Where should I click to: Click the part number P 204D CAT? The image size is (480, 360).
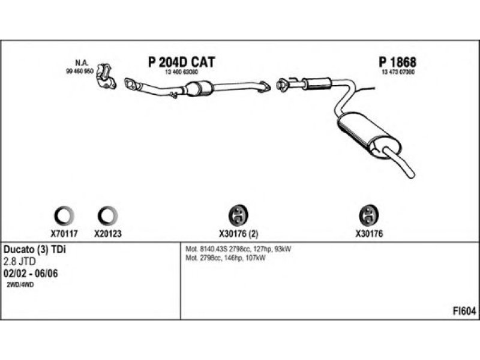(181, 62)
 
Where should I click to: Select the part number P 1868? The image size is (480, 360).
(397, 62)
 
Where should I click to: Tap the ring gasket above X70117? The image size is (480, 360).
(65, 215)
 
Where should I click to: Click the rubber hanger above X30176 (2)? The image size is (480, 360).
(239, 215)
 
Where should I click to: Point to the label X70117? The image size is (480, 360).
(65, 235)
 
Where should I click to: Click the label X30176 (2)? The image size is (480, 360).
(239, 235)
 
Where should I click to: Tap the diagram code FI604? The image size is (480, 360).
(464, 311)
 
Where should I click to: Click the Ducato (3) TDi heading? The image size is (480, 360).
(34, 250)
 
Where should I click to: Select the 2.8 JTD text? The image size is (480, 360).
(20, 262)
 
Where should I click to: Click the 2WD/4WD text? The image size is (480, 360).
(20, 286)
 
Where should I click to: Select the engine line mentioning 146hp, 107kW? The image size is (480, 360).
(226, 257)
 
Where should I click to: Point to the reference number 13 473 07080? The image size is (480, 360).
(398, 72)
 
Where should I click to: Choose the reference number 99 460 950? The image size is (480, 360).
(79, 71)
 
